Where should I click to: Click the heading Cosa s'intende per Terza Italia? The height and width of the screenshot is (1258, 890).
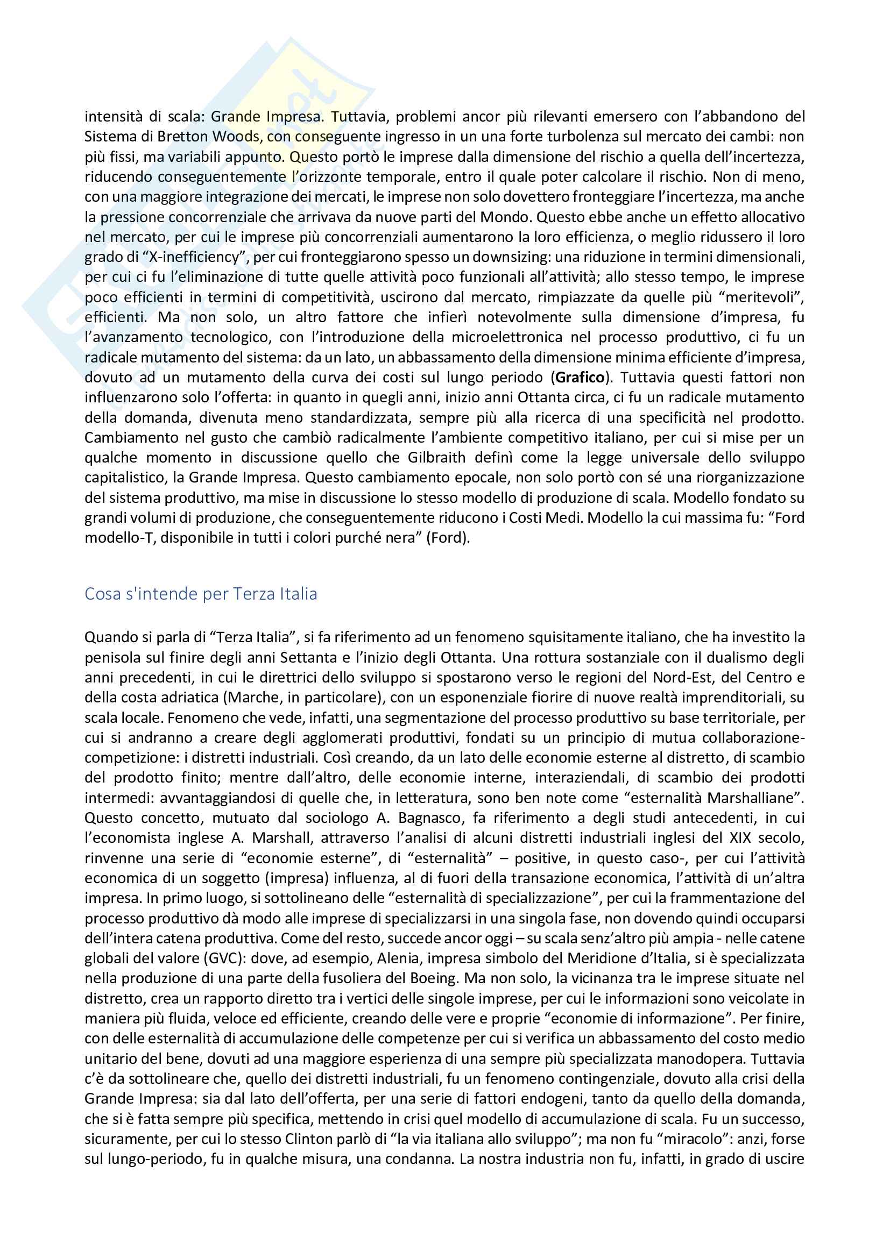click(201, 594)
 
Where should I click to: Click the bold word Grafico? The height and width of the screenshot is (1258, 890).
click(581, 378)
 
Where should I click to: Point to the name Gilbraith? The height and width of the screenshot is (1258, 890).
click(436, 458)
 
